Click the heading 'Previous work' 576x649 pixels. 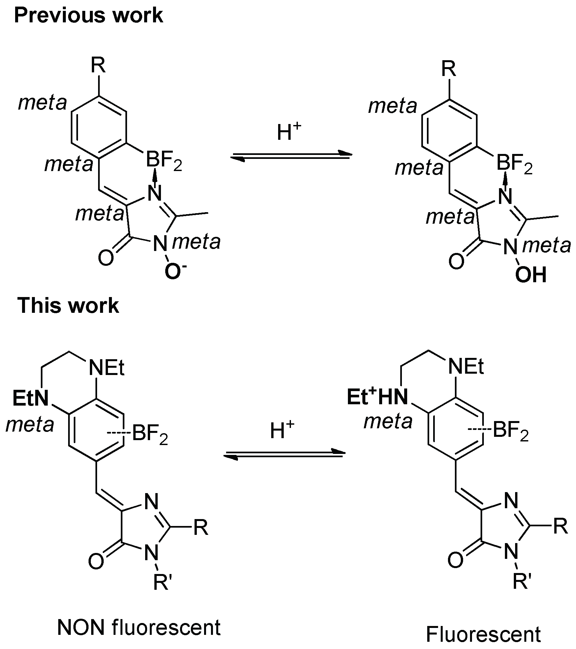89,15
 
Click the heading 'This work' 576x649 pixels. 68,305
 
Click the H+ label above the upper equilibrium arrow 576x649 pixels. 289,133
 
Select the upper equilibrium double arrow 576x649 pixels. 291,156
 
